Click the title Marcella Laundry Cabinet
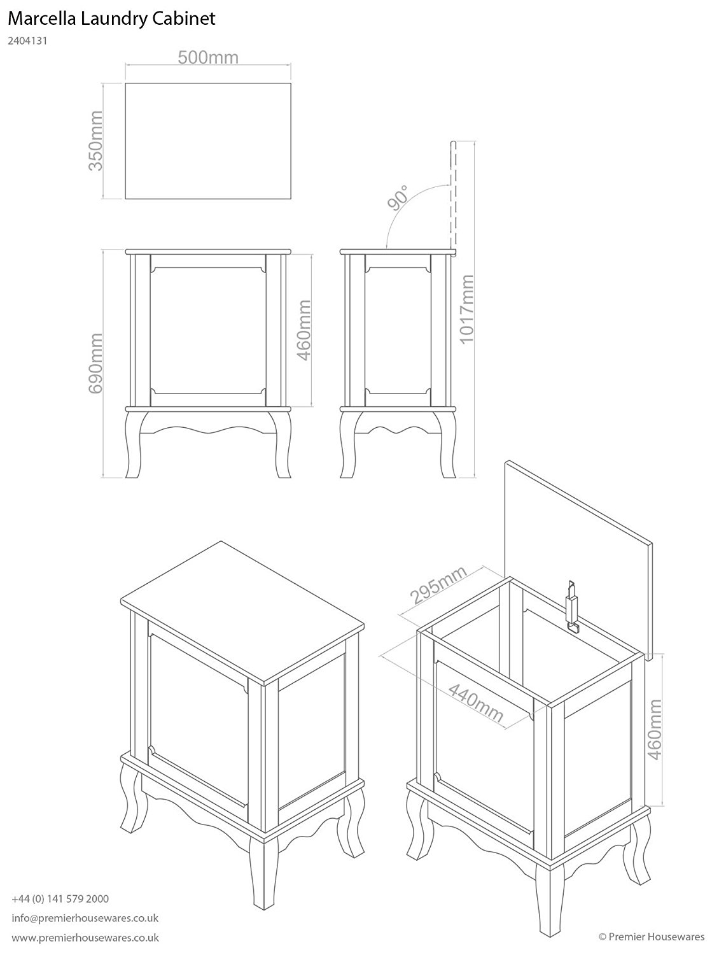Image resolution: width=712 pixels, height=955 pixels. (x=112, y=19)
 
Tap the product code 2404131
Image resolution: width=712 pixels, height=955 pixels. (x=29, y=41)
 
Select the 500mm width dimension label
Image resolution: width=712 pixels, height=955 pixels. (x=207, y=58)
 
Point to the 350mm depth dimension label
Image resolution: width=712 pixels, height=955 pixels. (x=95, y=141)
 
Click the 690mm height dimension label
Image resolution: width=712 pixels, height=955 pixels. (x=95, y=363)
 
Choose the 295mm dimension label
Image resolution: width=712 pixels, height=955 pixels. (x=438, y=584)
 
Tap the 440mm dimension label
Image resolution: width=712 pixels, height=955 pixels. (x=476, y=704)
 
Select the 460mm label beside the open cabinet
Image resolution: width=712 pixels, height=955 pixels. (x=654, y=728)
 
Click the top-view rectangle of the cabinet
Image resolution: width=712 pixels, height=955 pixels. (x=208, y=141)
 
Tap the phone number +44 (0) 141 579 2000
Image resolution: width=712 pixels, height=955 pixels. (x=60, y=898)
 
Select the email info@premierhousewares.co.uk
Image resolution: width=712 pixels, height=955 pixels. (x=85, y=918)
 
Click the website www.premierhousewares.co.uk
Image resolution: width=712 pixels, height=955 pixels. (x=85, y=938)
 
